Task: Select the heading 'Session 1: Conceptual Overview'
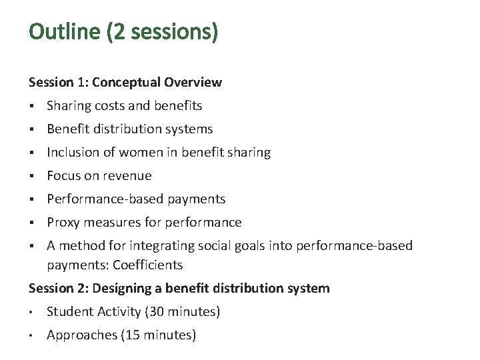tap(125, 83)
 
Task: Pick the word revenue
tap(128, 176)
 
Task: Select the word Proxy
tap(63, 223)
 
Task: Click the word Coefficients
tap(147, 265)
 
